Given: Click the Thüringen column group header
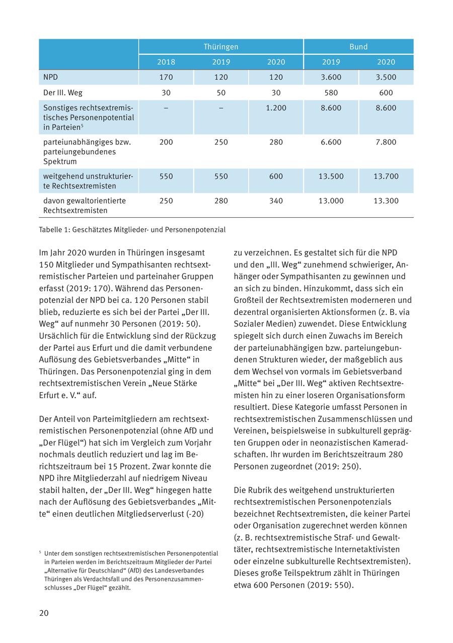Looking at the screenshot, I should pos(221,47).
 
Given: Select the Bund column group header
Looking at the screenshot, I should pos(358,47).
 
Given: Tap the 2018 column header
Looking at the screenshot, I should pos(166,62).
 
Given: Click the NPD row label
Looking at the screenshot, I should pos(50,77).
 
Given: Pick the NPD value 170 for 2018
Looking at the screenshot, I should pos(166,77).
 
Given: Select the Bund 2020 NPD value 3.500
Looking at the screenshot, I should pos(386,77).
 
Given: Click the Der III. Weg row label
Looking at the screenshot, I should pos(63,93).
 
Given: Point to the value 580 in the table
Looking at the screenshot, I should pos(331,93).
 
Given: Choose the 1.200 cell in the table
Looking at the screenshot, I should pos(276,108).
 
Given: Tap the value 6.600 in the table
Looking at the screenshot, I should pos(331,142).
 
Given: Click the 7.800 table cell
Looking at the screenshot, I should pos(386,142).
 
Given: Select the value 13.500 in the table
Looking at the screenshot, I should pos(331,176).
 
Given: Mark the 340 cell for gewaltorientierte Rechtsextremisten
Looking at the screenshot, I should pos(276,201).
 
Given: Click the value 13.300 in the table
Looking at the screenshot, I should pos(386,201).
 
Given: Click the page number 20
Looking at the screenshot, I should pos(44,613).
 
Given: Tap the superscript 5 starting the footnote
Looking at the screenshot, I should pos(40,552).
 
